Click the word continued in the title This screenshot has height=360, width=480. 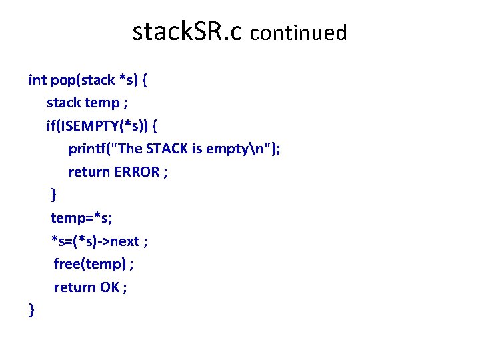tap(299, 33)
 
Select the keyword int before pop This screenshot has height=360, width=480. tap(37, 80)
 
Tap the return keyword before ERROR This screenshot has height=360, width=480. tap(89, 172)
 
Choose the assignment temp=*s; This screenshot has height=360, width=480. tap(77, 218)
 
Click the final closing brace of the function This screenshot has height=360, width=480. tap(31, 309)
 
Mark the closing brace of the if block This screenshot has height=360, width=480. tap(54, 195)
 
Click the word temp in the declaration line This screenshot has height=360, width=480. tap(101, 103)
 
